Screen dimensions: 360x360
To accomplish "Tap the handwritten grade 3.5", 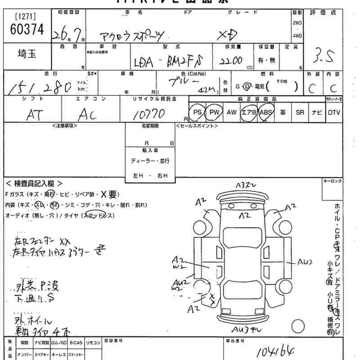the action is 324,58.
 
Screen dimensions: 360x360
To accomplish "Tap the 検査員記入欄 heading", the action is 34,184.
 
